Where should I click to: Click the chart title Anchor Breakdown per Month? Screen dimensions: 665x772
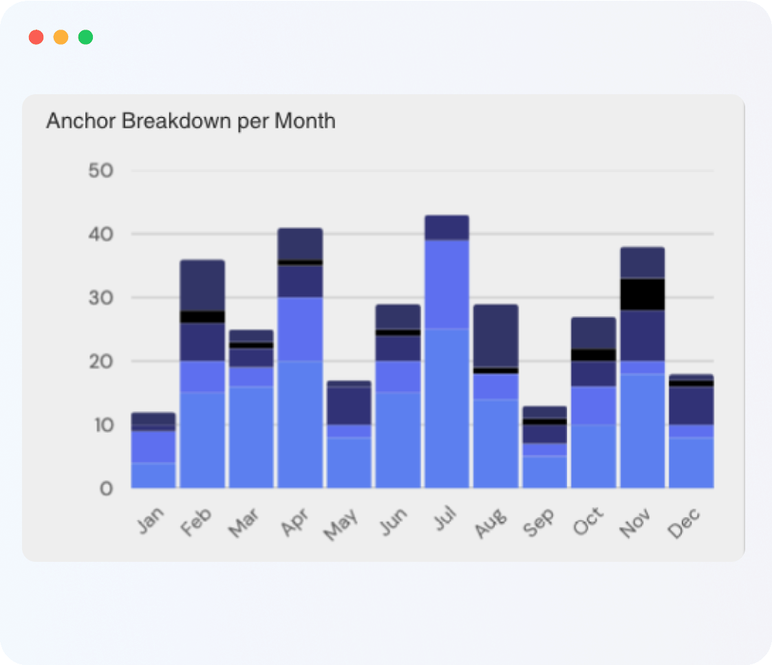pyautogui.click(x=191, y=122)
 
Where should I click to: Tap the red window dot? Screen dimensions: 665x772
pyautogui.click(x=36, y=37)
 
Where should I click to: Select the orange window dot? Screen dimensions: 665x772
pyautogui.click(x=61, y=37)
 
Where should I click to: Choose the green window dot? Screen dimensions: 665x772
pyautogui.click(x=86, y=37)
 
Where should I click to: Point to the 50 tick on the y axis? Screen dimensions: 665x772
pyautogui.click(x=100, y=171)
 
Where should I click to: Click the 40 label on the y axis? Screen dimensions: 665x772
pyautogui.click(x=100, y=234)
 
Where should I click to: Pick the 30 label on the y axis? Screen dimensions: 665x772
pyautogui.click(x=100, y=298)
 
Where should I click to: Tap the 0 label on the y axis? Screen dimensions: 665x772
pyautogui.click(x=106, y=489)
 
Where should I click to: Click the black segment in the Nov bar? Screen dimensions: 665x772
pyautogui.click(x=643, y=294)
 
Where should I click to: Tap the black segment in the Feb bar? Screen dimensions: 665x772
pyautogui.click(x=202, y=317)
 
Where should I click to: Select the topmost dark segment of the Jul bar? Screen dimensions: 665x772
pyautogui.click(x=447, y=228)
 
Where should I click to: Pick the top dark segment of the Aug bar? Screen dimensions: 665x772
pyautogui.click(x=495, y=336)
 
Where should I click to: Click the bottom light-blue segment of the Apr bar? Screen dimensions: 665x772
pyautogui.click(x=300, y=424)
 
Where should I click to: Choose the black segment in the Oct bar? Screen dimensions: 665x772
pyautogui.click(x=593, y=355)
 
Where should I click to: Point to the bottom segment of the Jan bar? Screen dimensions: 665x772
pyautogui.click(x=153, y=475)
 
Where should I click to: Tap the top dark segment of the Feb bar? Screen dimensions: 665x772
pyautogui.click(x=202, y=285)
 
